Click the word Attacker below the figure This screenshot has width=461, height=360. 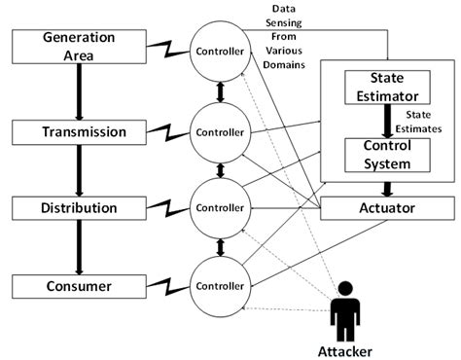(346, 348)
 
